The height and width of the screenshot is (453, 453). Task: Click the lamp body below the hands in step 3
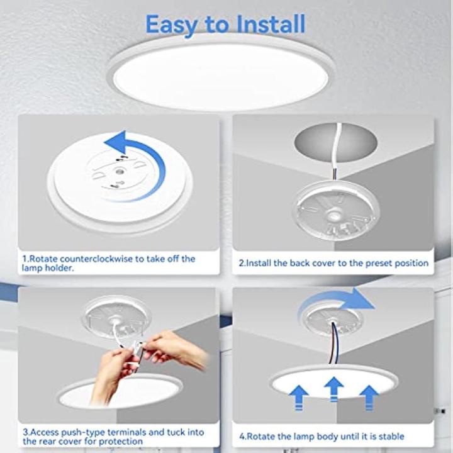pyautogui.click(x=120, y=393)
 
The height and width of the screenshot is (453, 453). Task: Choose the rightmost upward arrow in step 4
pyautogui.click(x=369, y=396)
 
